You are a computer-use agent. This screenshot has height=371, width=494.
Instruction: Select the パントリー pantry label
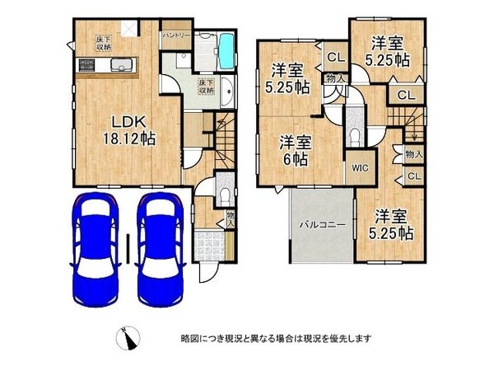tap(176, 35)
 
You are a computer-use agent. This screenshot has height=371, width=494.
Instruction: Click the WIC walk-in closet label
tap(360, 170)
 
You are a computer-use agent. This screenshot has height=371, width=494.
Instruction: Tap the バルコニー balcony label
tap(321, 223)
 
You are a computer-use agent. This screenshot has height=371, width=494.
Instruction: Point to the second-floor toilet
tap(355, 136)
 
